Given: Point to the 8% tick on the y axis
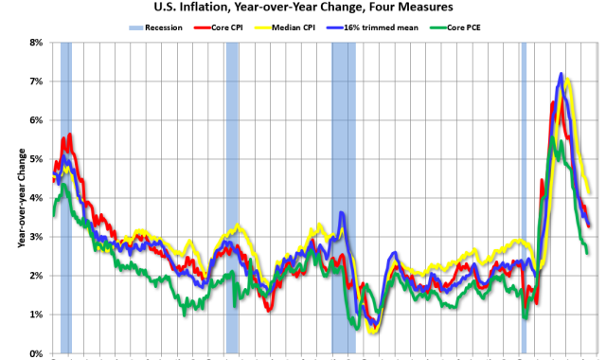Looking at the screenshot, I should click(38, 43).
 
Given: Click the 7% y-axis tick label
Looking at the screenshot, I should click(38, 81).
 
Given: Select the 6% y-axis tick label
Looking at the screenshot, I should click(38, 120).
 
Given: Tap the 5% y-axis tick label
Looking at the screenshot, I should click(38, 159).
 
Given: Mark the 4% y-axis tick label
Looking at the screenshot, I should click(38, 198).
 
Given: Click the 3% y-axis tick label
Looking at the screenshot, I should click(38, 237).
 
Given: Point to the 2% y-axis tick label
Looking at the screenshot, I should click(38, 276).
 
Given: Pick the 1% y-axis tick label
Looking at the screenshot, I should click(38, 315).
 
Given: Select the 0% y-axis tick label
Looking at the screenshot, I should click(38, 353).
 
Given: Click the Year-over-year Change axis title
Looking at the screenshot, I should click(20, 198).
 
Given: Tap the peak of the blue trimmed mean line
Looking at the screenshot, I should click(561, 73).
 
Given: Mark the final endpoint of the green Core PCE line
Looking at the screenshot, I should click(587, 253).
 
